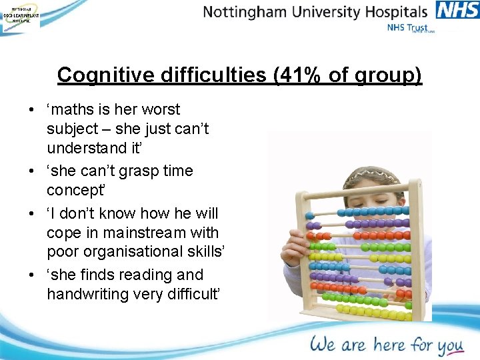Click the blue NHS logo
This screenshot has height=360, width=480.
[x=457, y=11]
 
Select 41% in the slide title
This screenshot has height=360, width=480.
[x=295, y=75]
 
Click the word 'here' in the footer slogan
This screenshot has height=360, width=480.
[x=388, y=344]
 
